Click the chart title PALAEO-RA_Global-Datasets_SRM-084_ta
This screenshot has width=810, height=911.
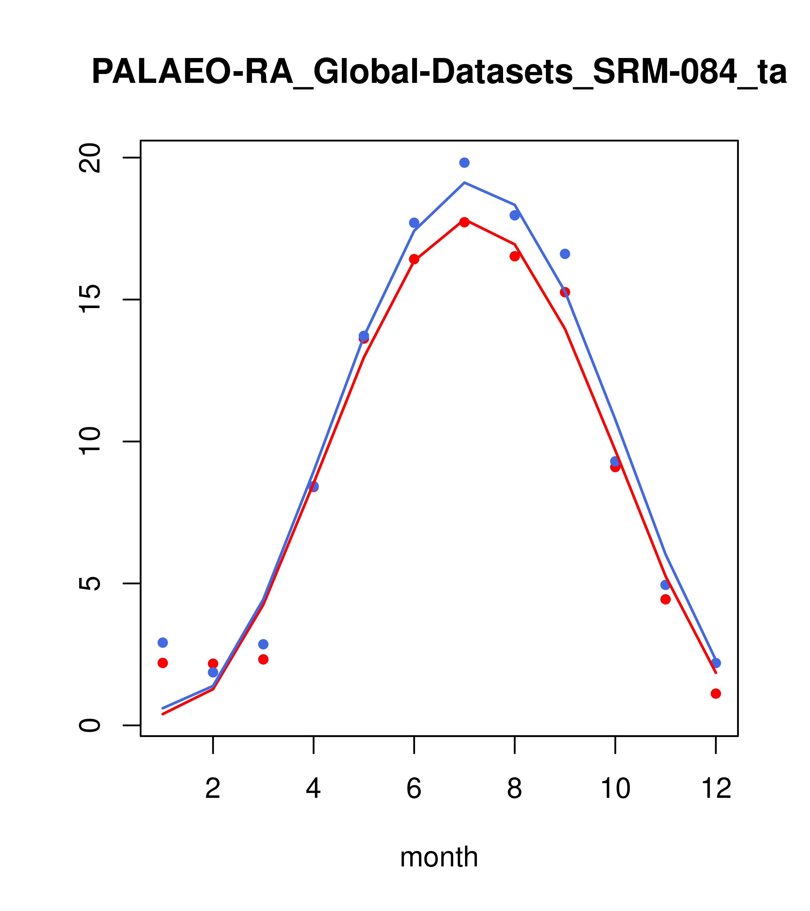439,73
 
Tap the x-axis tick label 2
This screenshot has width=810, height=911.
213,789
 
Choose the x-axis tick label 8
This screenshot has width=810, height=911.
515,789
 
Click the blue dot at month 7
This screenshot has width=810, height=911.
464,163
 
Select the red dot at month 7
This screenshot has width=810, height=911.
464,222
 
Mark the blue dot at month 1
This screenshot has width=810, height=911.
163,642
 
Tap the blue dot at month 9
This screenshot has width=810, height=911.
565,254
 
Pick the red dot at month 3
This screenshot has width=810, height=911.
264,659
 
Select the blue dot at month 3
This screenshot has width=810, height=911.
264,644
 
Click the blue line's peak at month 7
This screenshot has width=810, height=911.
464,183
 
